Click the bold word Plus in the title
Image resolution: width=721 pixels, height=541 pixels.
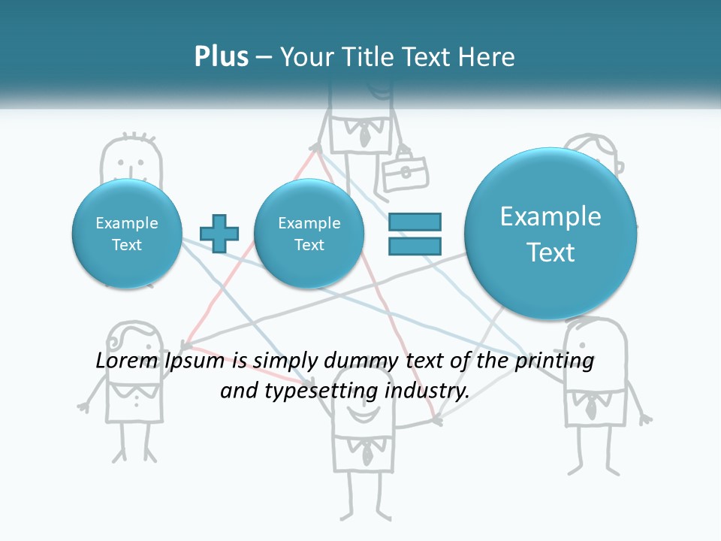[x=221, y=57]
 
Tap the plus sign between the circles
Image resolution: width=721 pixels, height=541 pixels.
[x=219, y=234]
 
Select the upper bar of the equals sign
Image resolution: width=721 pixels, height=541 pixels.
[x=414, y=222]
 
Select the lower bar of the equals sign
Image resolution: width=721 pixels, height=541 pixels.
[x=414, y=246]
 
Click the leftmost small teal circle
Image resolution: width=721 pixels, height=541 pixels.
[x=126, y=234]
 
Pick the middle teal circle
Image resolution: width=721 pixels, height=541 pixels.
[x=309, y=234]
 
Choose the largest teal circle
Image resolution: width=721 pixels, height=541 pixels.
[x=551, y=234]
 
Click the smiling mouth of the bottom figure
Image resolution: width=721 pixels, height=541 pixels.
[x=363, y=416]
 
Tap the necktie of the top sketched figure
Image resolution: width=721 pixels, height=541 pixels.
[x=364, y=136]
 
